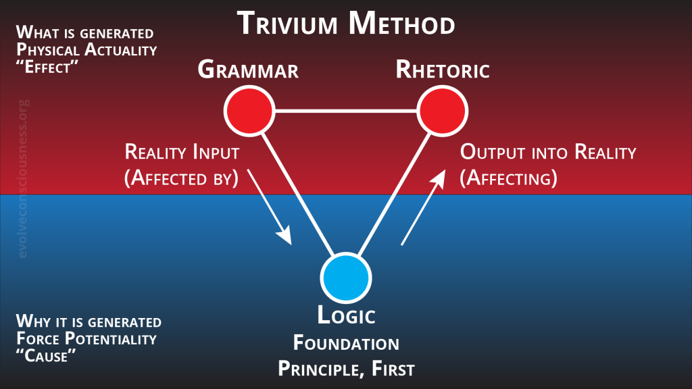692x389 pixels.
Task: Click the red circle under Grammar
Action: (249, 111)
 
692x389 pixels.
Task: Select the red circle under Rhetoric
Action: (443, 111)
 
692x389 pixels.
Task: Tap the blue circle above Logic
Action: (345, 278)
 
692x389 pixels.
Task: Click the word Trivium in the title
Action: (287, 24)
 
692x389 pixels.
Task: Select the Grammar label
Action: (248, 70)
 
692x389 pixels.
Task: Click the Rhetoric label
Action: (443, 70)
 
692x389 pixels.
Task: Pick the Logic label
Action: (346, 315)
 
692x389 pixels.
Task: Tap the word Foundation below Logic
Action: (346, 343)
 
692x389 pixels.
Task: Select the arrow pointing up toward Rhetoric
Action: (423, 206)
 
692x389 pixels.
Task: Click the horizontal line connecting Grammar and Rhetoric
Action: (345, 111)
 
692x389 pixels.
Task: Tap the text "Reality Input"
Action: (182, 153)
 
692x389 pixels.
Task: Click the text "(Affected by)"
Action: (182, 178)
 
